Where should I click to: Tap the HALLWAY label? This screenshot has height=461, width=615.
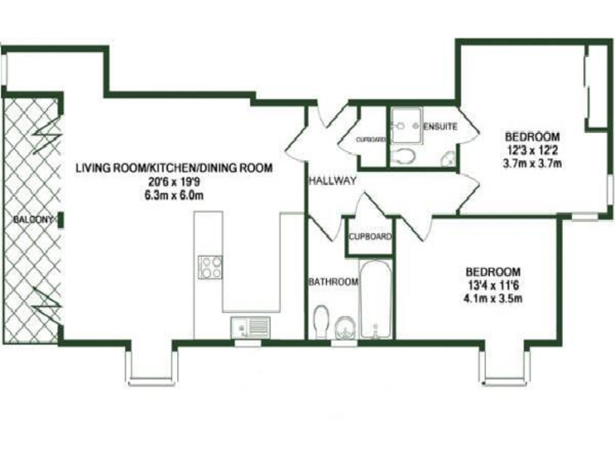point(332,181)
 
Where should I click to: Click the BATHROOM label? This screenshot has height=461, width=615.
point(333,282)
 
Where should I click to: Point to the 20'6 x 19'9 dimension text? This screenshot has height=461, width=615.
point(174,182)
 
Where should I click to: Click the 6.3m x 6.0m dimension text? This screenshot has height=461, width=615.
point(174,194)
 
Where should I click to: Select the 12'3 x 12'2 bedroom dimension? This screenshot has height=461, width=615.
point(532,150)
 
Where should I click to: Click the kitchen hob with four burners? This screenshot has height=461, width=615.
point(210,266)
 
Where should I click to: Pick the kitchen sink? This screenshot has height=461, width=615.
point(251,326)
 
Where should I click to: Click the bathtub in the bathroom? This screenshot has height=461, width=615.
point(374,299)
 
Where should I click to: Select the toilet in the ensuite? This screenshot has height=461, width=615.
point(405,154)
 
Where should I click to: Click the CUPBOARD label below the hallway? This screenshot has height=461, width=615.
point(371,237)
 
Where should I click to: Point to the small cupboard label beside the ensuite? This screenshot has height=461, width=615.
point(371,139)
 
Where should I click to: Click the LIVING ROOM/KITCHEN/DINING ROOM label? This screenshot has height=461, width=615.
point(174,168)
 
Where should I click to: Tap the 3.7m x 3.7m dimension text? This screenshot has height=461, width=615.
point(532,163)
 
